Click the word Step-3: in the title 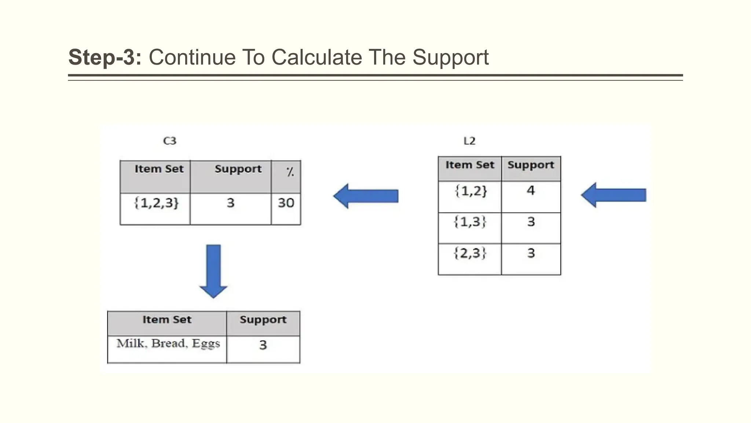point(105,58)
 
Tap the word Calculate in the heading point(317,58)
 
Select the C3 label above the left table point(170,141)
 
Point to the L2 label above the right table point(469,141)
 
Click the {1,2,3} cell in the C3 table point(157,203)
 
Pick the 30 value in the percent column point(286,203)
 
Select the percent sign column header point(290,171)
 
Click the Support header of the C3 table point(238,169)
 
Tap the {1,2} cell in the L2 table point(471,191)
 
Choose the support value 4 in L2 point(531,191)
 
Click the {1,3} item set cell point(470,222)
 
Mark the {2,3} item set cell point(470,253)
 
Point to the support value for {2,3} point(531,253)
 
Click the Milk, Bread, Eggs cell point(168,344)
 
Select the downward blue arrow point(213,271)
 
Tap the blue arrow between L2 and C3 point(366,196)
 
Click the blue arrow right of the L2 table point(613,195)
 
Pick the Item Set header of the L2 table point(470,165)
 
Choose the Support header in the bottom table point(263,320)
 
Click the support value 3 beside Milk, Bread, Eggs point(263,345)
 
